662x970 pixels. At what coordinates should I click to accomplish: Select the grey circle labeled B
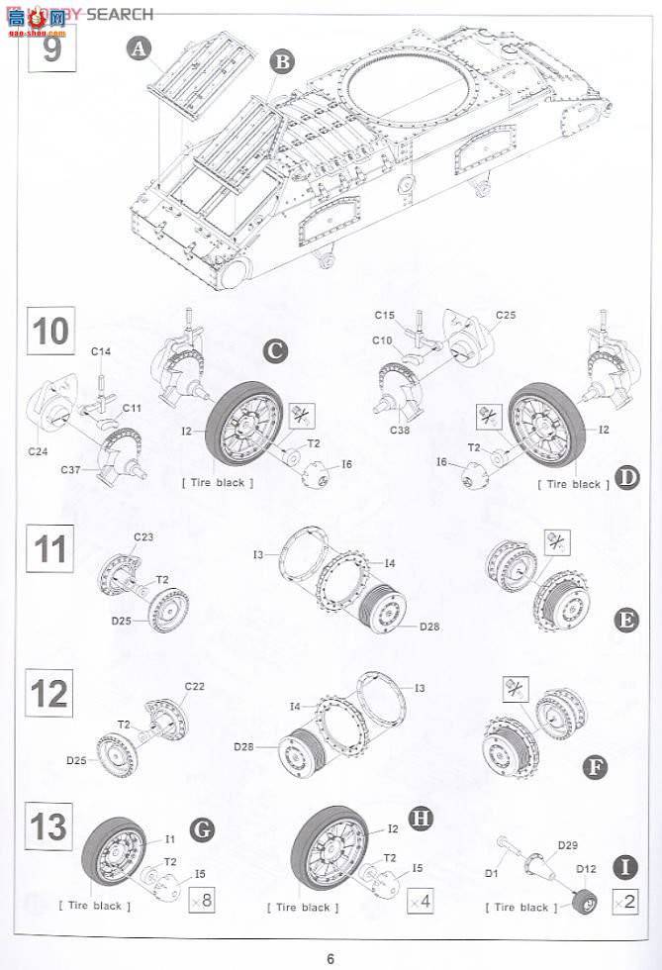pos(283,62)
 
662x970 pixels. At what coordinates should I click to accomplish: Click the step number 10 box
pos(51,331)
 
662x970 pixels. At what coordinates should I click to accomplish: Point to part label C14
pos(101,351)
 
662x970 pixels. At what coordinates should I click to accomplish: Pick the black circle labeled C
pos(277,350)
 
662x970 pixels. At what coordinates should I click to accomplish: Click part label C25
pos(506,315)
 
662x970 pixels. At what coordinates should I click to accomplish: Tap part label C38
pos(400,432)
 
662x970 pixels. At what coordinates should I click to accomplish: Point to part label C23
pos(143,537)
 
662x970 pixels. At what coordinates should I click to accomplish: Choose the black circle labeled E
pos(625,620)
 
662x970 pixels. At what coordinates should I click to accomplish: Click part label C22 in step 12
pos(194,687)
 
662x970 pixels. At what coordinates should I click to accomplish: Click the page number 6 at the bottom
pos(331,957)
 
